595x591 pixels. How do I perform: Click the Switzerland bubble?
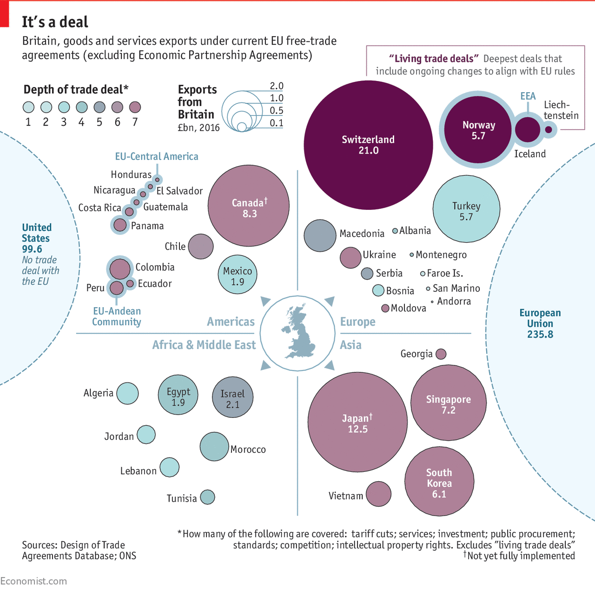[x=368, y=145]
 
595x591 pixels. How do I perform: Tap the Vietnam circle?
[x=378, y=494]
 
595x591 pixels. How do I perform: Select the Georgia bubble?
[x=441, y=354]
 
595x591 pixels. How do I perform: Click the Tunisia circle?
[x=207, y=497]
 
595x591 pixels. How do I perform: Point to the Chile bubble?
[x=201, y=247]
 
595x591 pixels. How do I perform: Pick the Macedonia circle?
[x=320, y=235]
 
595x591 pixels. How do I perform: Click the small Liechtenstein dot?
[x=549, y=129]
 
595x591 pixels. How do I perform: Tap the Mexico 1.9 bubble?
[x=238, y=275]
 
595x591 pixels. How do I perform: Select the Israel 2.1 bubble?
[x=232, y=397]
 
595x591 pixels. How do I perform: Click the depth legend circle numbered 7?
[x=135, y=107]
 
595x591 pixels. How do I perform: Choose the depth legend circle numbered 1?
[x=28, y=107]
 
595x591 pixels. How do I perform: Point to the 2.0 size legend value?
[x=277, y=86]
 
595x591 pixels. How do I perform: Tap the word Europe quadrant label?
[x=357, y=322]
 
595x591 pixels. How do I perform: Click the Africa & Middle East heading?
[x=204, y=345]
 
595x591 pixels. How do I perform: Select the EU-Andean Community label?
[x=117, y=316]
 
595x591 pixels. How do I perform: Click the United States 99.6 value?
[x=32, y=249]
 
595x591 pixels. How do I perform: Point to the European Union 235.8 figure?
[x=540, y=334]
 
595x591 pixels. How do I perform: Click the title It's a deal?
[x=55, y=22]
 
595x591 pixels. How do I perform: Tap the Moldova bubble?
[x=385, y=308]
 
